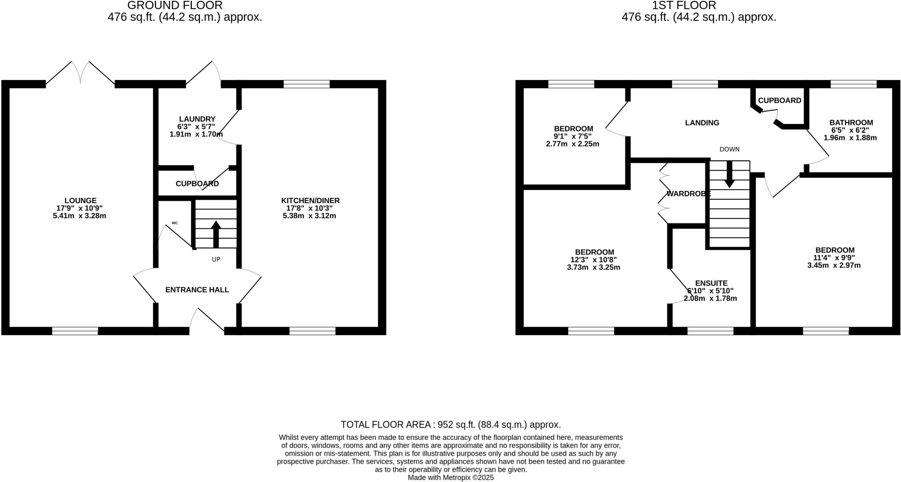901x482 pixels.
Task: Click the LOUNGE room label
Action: (x=80, y=201)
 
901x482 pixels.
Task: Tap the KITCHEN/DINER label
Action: (x=310, y=201)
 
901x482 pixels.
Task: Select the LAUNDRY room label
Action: (x=197, y=119)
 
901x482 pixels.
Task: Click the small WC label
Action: (x=175, y=223)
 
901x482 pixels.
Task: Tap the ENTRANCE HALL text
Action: (x=197, y=290)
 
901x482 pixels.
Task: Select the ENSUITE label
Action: (x=711, y=283)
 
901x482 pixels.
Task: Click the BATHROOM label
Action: (x=851, y=123)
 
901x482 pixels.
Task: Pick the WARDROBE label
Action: (x=688, y=194)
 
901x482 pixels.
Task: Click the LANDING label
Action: (x=702, y=123)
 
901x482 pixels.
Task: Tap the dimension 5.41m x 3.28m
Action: (x=80, y=216)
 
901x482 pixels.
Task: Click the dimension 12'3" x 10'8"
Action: (x=594, y=259)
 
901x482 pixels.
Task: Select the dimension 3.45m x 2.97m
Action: (x=834, y=265)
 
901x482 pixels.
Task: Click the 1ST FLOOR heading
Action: (x=699, y=5)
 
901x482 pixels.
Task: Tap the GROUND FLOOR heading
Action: (x=175, y=5)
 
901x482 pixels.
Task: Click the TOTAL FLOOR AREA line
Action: (x=450, y=424)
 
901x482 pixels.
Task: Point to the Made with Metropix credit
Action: (x=450, y=477)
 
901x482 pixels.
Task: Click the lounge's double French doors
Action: (x=81, y=73)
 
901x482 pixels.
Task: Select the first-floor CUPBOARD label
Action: (x=779, y=100)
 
